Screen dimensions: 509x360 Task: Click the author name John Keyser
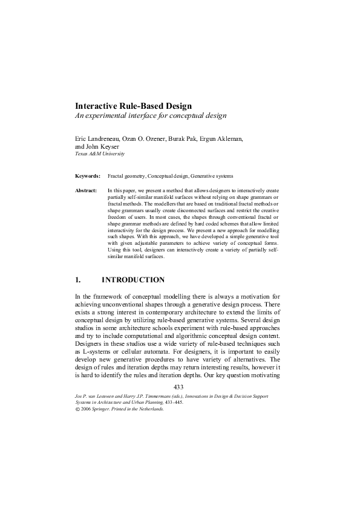[103, 146]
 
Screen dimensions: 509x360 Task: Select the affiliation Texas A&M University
[99, 154]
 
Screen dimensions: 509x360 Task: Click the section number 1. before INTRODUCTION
[77, 280]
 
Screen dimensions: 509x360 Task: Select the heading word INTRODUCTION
[133, 280]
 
